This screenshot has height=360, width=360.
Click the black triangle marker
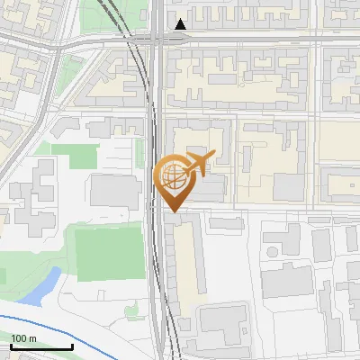tap(182, 24)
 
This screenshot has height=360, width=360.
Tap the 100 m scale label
tap(23, 337)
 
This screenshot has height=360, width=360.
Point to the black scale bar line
tap(41, 346)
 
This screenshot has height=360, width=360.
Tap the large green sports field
tap(107, 253)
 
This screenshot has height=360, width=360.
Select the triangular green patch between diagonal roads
tap(70, 76)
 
